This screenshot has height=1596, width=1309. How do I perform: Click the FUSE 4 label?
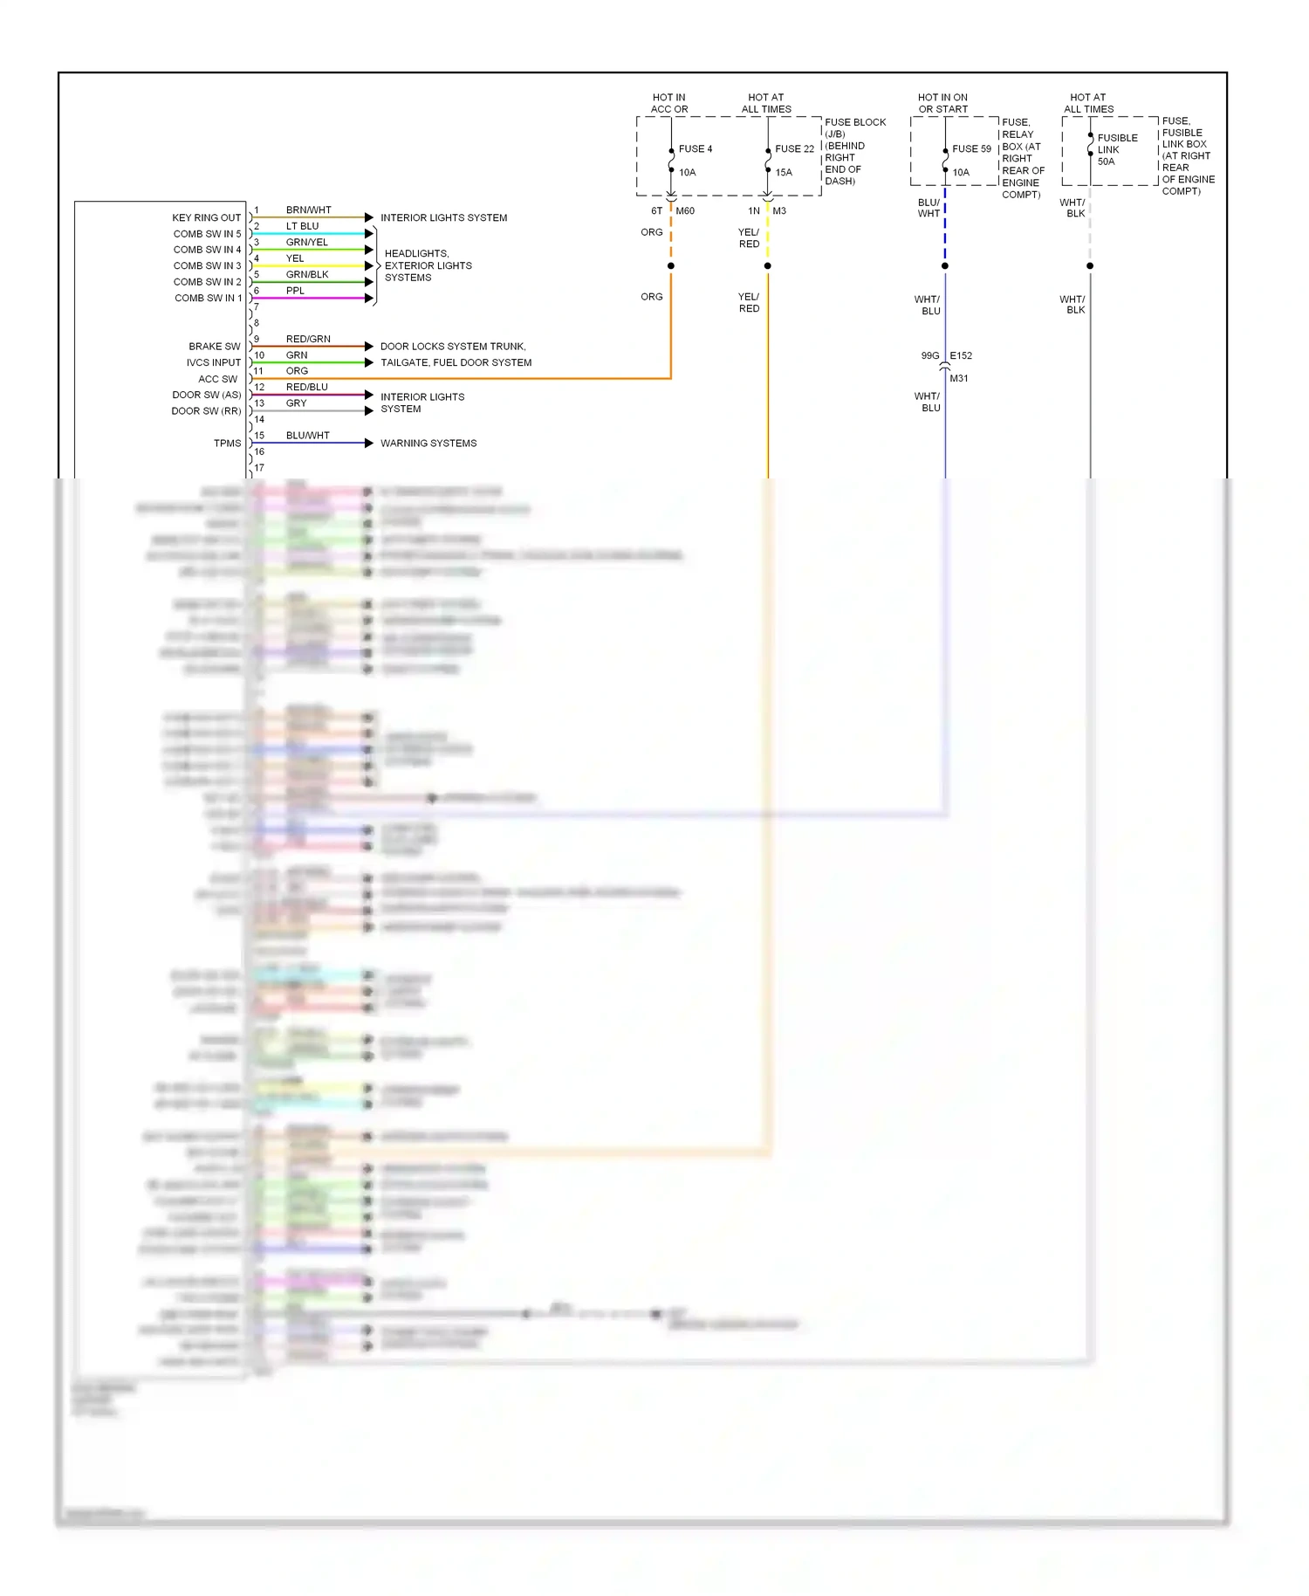click(x=695, y=149)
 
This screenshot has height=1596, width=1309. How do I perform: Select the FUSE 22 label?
click(x=794, y=149)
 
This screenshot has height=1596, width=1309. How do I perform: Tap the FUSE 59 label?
click(x=971, y=149)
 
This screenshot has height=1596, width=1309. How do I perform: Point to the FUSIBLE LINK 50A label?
click(x=1116, y=149)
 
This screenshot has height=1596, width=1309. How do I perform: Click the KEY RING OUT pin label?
click(x=206, y=217)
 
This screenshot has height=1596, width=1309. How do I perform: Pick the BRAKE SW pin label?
click(x=214, y=347)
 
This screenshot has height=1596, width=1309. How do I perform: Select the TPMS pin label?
click(x=227, y=444)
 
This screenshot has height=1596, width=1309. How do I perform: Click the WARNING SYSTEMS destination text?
click(x=428, y=444)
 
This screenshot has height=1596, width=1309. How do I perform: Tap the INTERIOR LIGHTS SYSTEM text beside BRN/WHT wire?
click(x=443, y=217)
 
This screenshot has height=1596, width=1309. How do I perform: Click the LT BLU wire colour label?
click(x=302, y=226)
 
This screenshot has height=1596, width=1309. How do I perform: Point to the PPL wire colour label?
click(x=295, y=291)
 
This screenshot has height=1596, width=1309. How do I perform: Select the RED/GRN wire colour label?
click(x=308, y=339)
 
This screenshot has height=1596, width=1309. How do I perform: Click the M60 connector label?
click(x=685, y=211)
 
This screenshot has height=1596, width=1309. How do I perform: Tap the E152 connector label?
click(x=961, y=356)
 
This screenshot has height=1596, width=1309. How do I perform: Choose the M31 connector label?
click(x=958, y=379)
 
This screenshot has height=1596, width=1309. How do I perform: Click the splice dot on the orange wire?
click(x=671, y=265)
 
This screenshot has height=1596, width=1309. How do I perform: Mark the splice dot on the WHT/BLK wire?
click(x=1090, y=265)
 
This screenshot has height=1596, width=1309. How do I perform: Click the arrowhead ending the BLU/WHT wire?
click(x=369, y=444)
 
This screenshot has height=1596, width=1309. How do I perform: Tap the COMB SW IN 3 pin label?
click(x=207, y=265)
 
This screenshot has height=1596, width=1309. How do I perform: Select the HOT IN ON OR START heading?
click(x=942, y=103)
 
